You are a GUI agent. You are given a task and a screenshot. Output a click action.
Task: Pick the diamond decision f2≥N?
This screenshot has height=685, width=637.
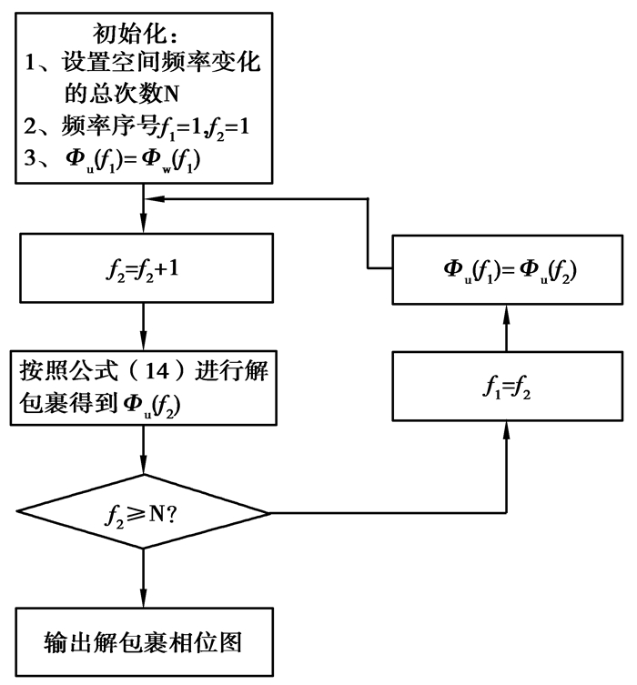click(x=143, y=513)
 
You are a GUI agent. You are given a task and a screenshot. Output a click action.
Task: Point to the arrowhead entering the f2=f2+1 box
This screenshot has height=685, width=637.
click(x=143, y=228)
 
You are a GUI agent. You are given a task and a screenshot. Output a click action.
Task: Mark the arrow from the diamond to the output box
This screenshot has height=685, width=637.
click(x=143, y=579)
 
